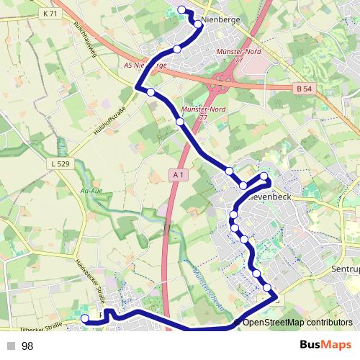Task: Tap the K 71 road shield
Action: coord(50,14)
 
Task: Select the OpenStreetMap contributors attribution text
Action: coord(297,323)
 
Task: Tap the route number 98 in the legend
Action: coord(28,346)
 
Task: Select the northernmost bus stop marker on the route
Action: coord(181,9)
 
